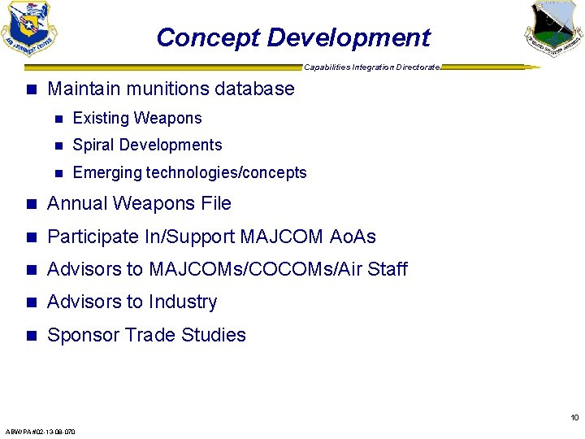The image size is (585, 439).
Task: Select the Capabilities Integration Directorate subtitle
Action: click(x=371, y=67)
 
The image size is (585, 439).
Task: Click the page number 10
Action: click(x=574, y=418)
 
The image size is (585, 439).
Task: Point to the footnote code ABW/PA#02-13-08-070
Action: click(x=40, y=432)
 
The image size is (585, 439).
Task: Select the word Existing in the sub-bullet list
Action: click(x=101, y=119)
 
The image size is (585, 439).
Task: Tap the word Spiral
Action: click(x=92, y=146)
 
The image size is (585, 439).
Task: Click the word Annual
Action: click(x=79, y=203)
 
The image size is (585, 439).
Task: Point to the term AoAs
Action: click(x=353, y=237)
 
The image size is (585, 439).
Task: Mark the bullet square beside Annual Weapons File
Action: click(x=32, y=204)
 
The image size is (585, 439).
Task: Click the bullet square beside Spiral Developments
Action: click(x=58, y=146)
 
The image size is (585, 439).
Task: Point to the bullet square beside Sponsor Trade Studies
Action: click(x=32, y=336)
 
